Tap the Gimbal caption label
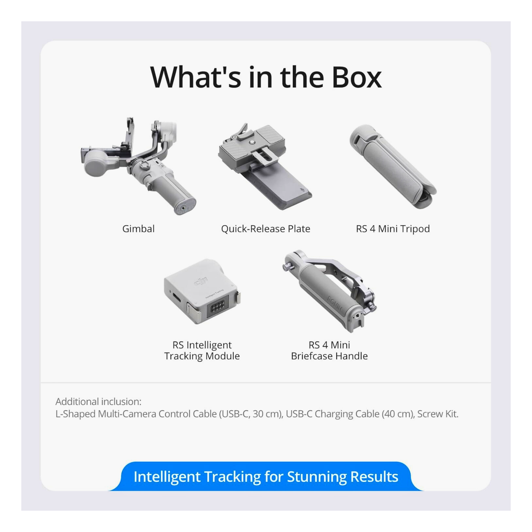(x=138, y=229)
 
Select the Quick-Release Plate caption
(x=266, y=229)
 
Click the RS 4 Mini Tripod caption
(x=393, y=229)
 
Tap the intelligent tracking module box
(x=202, y=291)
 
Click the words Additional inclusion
(x=98, y=402)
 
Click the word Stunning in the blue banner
(x=317, y=477)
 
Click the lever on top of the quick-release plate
(x=242, y=130)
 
